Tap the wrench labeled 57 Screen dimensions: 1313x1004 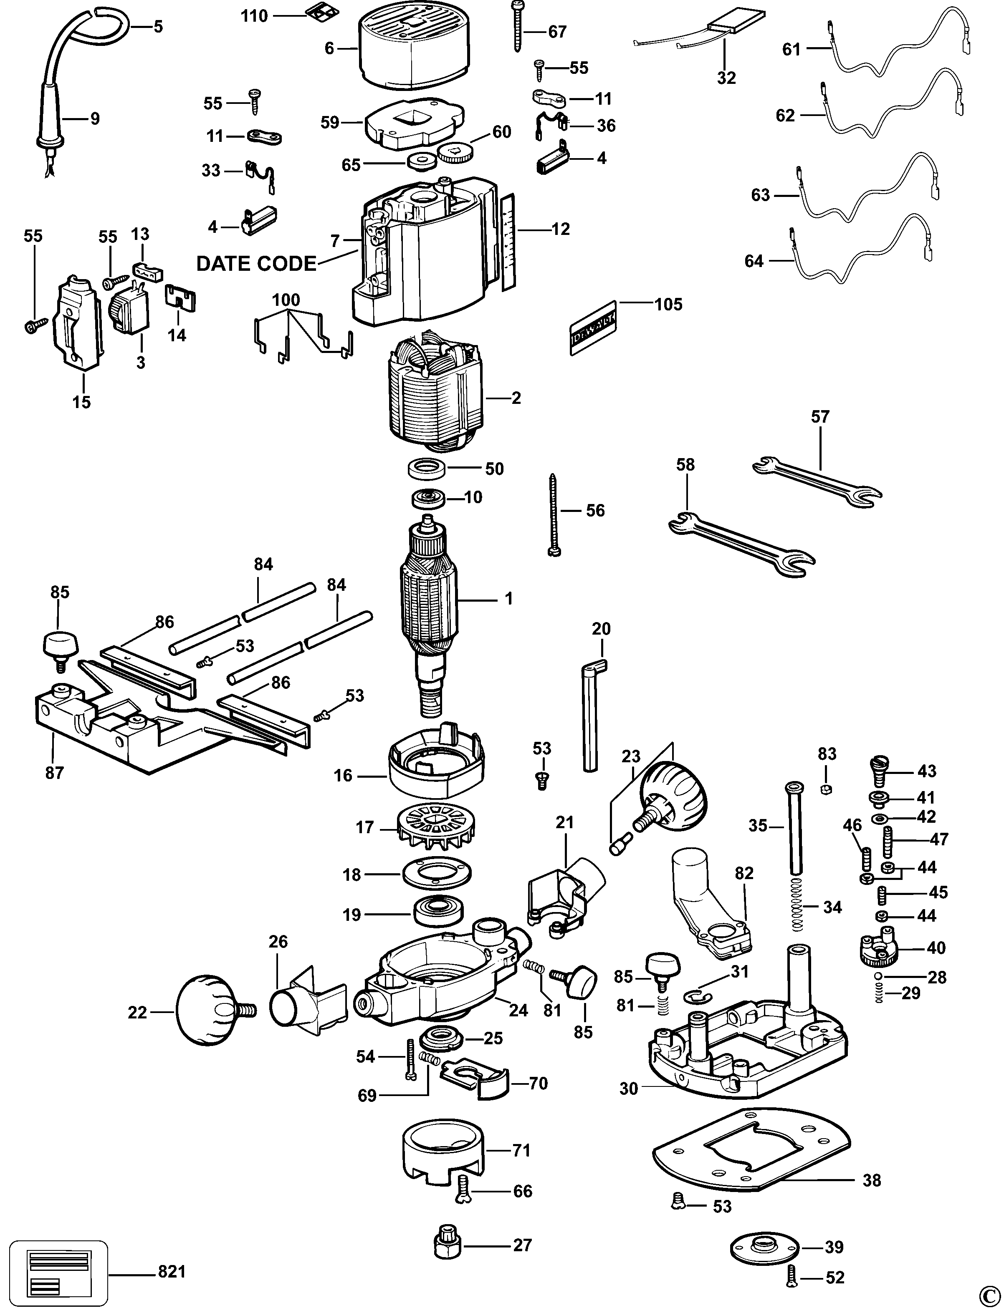[x=816, y=481]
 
